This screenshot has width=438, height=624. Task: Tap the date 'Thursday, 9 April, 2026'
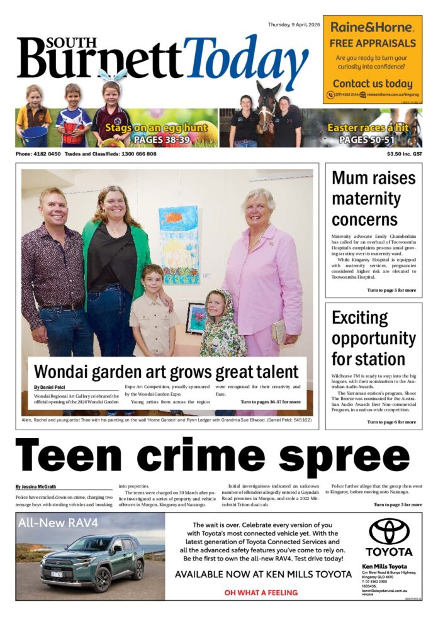click(294, 25)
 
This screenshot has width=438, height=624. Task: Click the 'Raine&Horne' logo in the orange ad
click(373, 27)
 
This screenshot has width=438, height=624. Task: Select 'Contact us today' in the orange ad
click(373, 83)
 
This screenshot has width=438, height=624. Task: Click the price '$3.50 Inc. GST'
click(404, 154)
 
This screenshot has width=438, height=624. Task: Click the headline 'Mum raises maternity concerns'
click(373, 198)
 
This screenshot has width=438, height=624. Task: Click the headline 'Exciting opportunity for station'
click(373, 338)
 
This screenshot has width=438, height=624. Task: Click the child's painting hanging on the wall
click(179, 245)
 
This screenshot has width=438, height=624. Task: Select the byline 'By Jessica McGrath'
click(35, 487)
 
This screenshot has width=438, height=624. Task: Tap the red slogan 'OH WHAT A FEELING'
click(261, 592)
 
